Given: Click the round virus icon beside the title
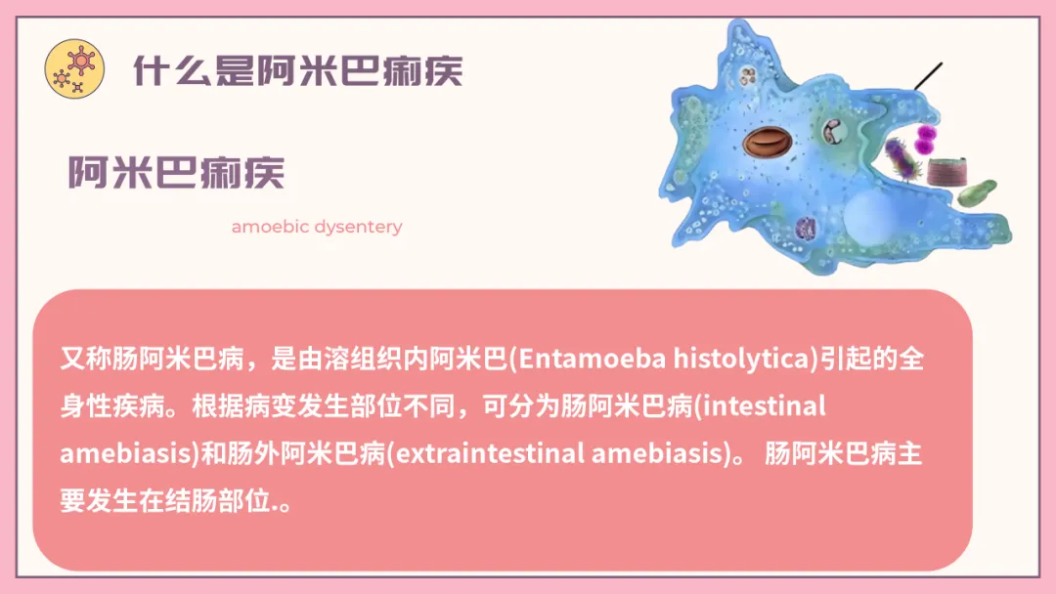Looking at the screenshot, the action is [x=74, y=68].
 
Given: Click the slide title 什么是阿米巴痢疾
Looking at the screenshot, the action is [x=297, y=70].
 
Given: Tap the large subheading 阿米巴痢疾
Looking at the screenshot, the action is [x=176, y=172].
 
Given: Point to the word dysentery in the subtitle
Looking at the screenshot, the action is [x=358, y=228].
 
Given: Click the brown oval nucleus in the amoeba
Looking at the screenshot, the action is [x=768, y=142].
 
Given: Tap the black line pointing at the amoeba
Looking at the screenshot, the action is [x=928, y=76].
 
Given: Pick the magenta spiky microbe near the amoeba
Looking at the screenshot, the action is [x=926, y=138].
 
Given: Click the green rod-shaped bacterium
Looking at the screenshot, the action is [x=977, y=192].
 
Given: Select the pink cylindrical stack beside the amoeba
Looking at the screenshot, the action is [x=947, y=172].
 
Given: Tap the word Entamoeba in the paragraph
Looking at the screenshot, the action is [x=592, y=359].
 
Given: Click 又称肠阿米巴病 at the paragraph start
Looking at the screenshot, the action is [x=153, y=359].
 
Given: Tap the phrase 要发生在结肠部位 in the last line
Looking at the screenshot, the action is [x=165, y=500].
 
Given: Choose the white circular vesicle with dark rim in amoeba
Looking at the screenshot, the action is [x=833, y=131].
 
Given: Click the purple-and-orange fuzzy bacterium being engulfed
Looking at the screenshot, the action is [x=902, y=159].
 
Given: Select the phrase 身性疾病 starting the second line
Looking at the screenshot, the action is [x=112, y=405].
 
